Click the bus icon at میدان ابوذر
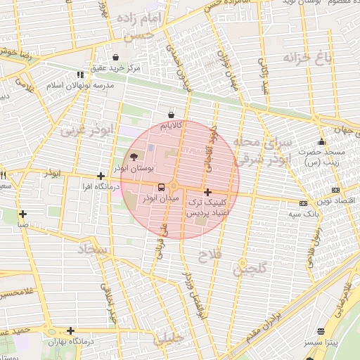[162, 187]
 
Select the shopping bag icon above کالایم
[171, 115]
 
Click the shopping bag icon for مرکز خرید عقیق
[115, 57]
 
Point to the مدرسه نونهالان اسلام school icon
[81, 73]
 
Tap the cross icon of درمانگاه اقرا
[101, 176]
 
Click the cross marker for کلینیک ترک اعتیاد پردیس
[207, 192]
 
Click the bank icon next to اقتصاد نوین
[335, 190]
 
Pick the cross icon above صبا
[23, 214]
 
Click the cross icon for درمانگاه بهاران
[70, 330]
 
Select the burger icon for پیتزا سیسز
[321, 331]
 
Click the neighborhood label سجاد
[92, 249]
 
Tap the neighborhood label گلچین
[250, 268]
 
